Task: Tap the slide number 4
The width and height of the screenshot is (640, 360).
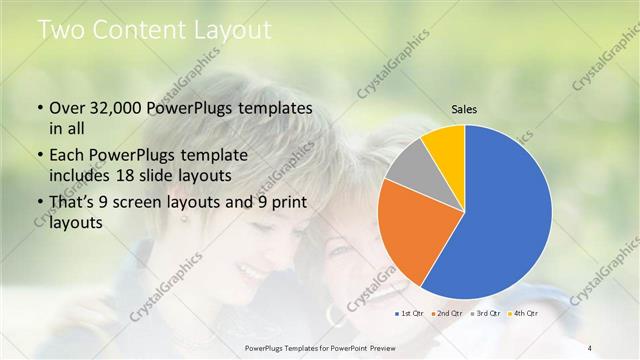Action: pos(591,347)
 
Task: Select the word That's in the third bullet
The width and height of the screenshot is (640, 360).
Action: pos(74,203)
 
